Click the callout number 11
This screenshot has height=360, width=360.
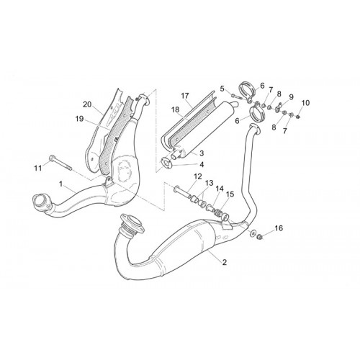pos(38,168)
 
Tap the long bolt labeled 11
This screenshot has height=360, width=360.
pos(60,163)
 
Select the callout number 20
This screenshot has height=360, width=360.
pos(87,104)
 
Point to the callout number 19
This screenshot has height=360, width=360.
pos(79,119)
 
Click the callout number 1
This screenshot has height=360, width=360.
pos(61,184)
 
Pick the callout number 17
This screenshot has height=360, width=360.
pos(185,96)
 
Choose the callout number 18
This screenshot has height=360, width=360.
pos(176,109)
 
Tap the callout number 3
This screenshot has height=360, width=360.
pos(202,153)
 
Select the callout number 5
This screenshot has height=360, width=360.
pos(222,89)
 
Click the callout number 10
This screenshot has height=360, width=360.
pos(306,103)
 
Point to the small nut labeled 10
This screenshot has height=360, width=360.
pos(298,117)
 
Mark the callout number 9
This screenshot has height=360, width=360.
pos(291,97)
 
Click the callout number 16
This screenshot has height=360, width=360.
pos(279,228)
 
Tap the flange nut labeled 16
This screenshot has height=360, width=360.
pos(259,238)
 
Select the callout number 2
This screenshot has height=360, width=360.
pos(225,262)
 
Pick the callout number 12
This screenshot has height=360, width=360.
pos(198,176)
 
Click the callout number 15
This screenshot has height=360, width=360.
pos(230,194)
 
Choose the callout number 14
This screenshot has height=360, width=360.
pos(219,189)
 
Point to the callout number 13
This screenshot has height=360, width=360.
pos(209,183)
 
